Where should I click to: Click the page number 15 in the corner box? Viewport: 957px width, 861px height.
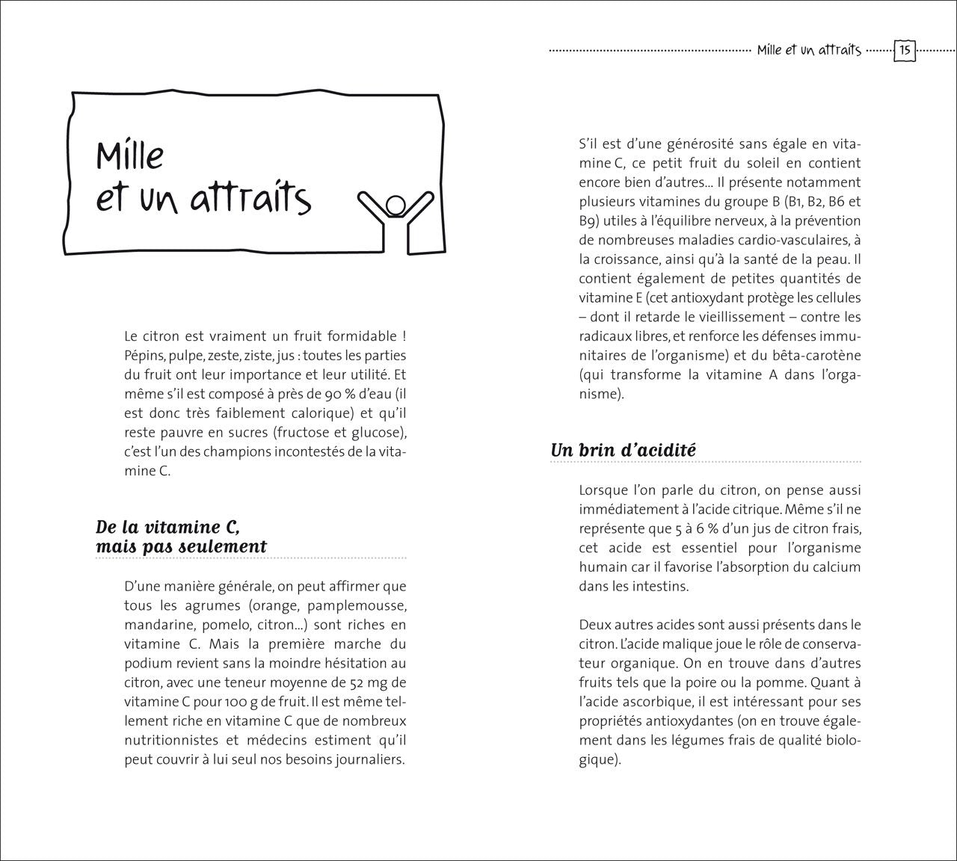tap(905, 51)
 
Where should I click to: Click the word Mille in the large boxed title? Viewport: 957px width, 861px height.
tap(129, 155)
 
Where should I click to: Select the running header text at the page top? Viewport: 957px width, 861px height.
tap(809, 51)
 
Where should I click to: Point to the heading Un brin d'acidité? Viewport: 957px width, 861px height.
tap(623, 450)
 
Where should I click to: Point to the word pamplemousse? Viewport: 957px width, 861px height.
tap(356, 605)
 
